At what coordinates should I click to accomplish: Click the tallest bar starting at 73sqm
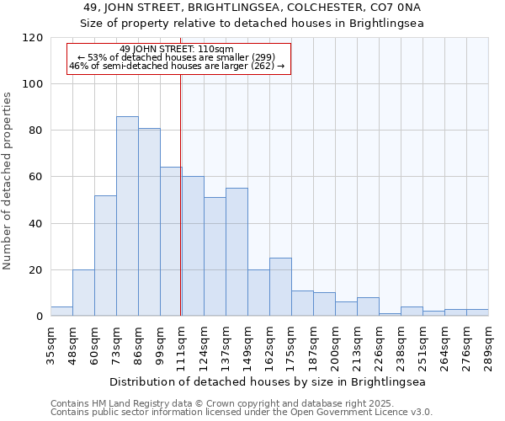127,216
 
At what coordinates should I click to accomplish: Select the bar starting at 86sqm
149,222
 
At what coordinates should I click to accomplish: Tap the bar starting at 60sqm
105,256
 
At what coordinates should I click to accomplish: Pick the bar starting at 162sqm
280,287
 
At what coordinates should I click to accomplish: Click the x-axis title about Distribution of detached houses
268,381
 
